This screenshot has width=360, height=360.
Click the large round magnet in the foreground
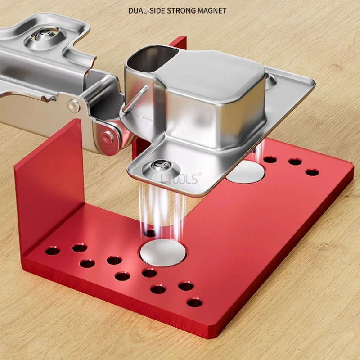pos(163,252)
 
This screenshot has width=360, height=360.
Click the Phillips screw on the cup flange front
pos(161,166)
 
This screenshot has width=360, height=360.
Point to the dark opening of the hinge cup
pos(152,58)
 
